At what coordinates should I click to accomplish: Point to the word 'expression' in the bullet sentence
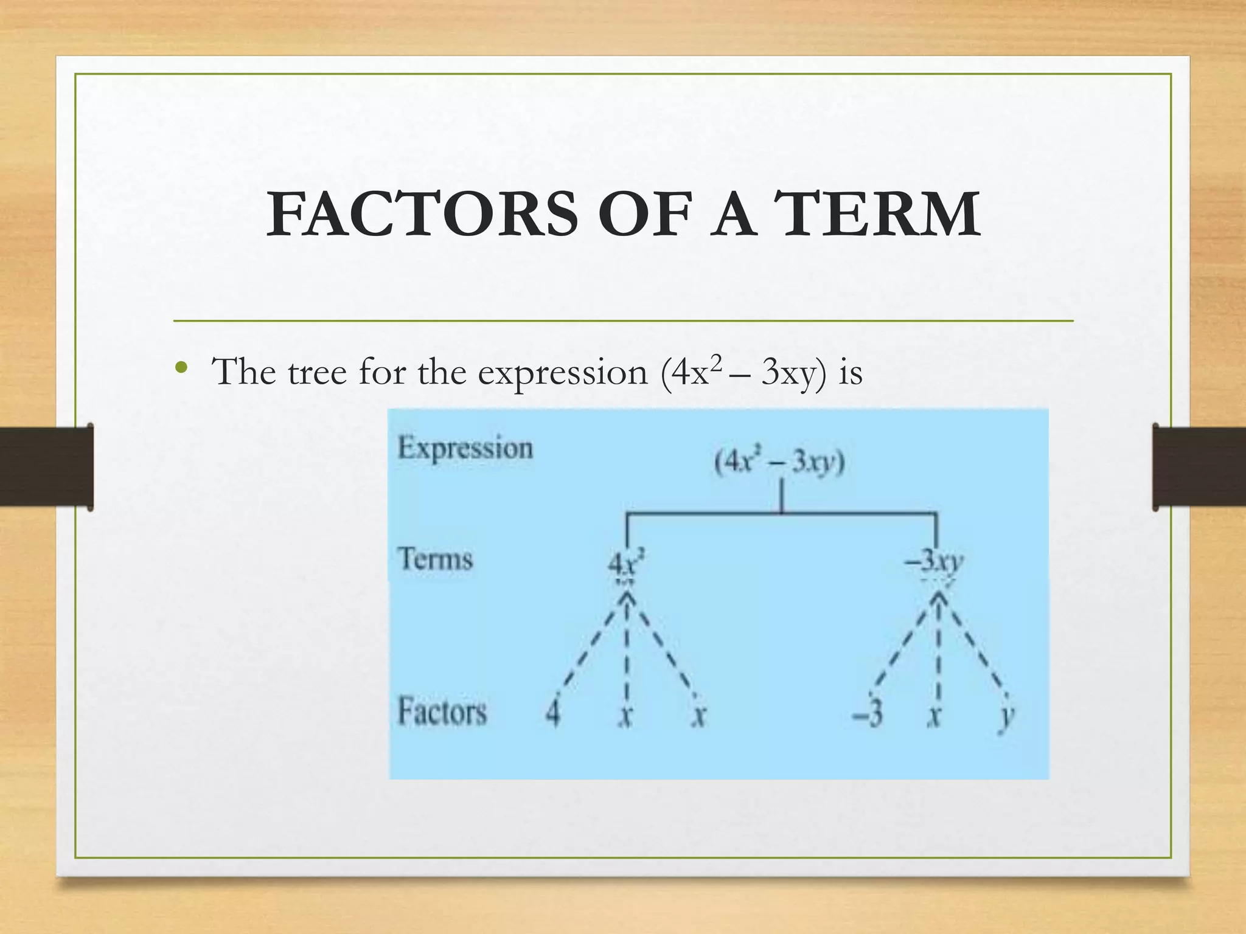point(563,372)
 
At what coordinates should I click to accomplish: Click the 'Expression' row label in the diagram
point(465,448)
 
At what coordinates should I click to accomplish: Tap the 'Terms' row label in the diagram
point(436,558)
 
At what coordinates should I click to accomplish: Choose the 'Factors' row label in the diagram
point(442,711)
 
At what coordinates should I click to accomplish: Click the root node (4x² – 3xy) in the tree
point(779,463)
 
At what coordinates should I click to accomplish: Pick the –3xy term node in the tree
point(934,561)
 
